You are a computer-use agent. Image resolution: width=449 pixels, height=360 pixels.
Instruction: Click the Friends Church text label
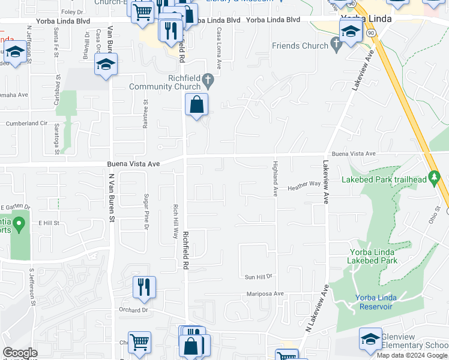tap(300, 46)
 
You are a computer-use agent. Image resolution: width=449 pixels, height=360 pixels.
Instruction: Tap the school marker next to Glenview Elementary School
tap(370, 338)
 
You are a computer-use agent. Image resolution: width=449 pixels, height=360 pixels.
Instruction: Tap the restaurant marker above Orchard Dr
tap(144, 287)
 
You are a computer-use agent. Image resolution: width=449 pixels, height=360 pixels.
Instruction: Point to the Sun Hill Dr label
tap(259, 277)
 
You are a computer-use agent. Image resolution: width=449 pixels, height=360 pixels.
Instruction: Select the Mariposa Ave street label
tap(265, 294)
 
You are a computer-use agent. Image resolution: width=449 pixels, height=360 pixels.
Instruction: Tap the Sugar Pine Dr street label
tap(146, 211)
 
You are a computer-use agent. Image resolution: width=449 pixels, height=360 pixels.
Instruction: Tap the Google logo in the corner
tap(19, 353)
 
